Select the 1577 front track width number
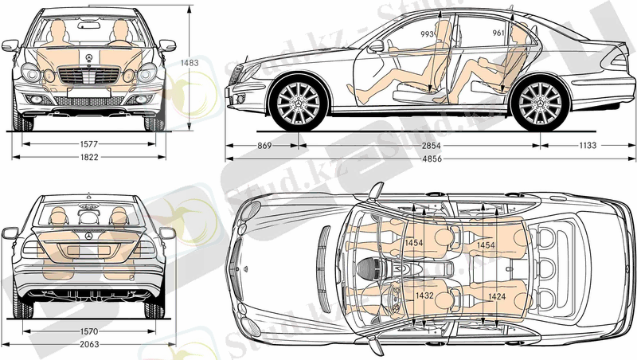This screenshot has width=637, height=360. point(89,144)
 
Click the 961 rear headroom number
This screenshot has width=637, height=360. point(498,33)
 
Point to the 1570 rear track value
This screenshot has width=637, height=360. point(89,331)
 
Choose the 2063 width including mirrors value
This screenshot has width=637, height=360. point(89,344)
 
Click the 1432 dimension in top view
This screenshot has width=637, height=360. point(424,295)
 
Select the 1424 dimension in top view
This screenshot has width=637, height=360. point(497,295)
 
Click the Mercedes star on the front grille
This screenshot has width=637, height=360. point(89,58)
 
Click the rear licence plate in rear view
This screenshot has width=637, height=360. point(89,250)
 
